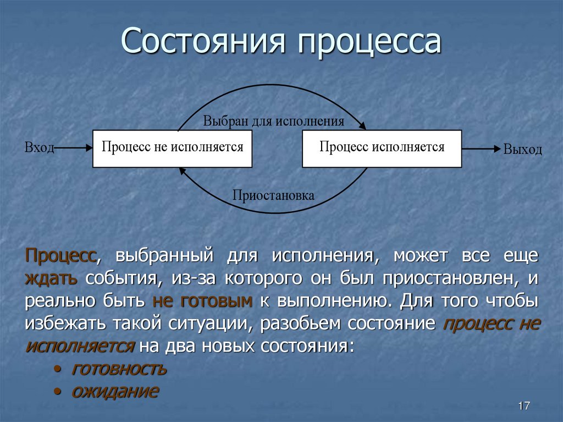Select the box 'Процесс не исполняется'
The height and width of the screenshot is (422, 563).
[172, 148]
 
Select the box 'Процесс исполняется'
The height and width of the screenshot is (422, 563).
[382, 148]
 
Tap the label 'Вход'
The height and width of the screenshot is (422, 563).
[39, 148]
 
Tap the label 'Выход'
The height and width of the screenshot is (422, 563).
[522, 149]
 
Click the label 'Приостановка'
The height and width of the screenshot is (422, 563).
[273, 195]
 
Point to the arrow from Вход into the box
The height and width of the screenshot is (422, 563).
[73, 148]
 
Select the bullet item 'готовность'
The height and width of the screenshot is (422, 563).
[119, 369]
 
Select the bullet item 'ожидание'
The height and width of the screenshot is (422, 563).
[115, 391]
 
